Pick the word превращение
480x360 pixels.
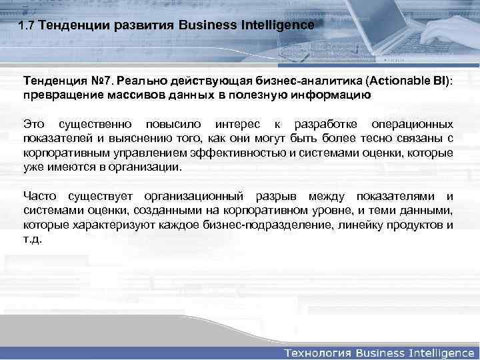[58, 95]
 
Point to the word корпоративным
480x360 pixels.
[59, 153]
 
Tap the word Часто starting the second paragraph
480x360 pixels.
[40, 196]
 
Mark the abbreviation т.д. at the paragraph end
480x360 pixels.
[32, 239]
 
